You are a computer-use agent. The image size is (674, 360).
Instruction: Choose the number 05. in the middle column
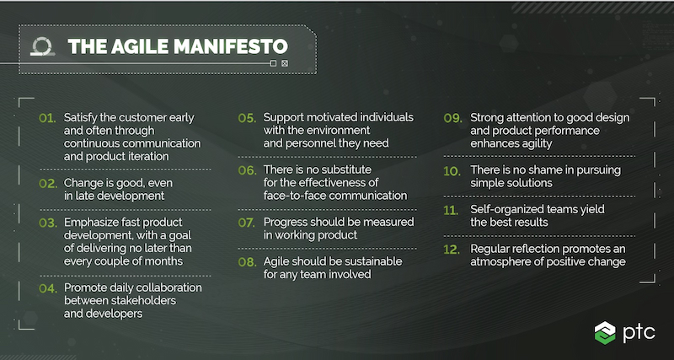tap(246, 117)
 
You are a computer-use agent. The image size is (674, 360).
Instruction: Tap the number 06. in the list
tap(246, 170)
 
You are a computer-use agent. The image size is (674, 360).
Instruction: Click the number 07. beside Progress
tap(246, 223)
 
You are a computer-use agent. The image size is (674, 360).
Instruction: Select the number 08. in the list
tap(246, 261)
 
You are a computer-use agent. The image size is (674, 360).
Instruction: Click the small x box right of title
tap(285, 63)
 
